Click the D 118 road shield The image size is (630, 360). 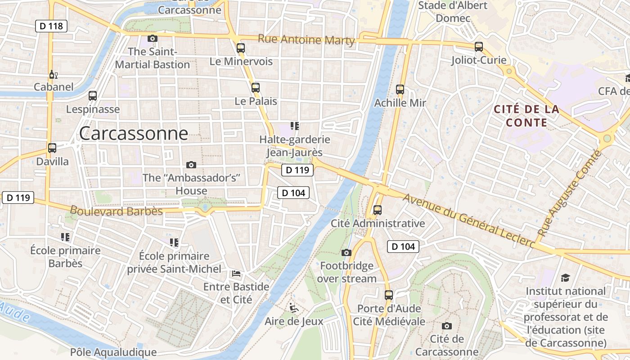click(x=51, y=26)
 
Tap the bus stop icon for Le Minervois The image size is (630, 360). click(x=241, y=48)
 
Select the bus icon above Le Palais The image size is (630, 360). click(x=256, y=88)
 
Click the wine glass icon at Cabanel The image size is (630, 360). click(x=53, y=74)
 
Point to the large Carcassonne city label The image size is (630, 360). click(x=134, y=134)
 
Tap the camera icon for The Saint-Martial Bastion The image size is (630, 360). click(x=153, y=39)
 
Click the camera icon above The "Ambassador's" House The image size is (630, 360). click(x=191, y=165)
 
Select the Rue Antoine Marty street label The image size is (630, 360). click(x=306, y=40)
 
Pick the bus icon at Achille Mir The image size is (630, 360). click(x=400, y=90)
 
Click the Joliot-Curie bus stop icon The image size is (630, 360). click(x=479, y=47)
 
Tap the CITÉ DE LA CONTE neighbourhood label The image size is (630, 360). click(x=526, y=116)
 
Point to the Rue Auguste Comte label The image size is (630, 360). click(x=570, y=193)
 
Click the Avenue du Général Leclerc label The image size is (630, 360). click(x=468, y=220)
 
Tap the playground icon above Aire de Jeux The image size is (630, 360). click(x=294, y=308)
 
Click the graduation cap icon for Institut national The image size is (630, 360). click(x=565, y=278)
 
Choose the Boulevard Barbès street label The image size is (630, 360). click(x=116, y=211)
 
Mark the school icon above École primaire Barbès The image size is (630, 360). click(x=65, y=237)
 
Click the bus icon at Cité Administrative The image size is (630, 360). click(x=378, y=210)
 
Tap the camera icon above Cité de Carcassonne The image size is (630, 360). click(x=446, y=326)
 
